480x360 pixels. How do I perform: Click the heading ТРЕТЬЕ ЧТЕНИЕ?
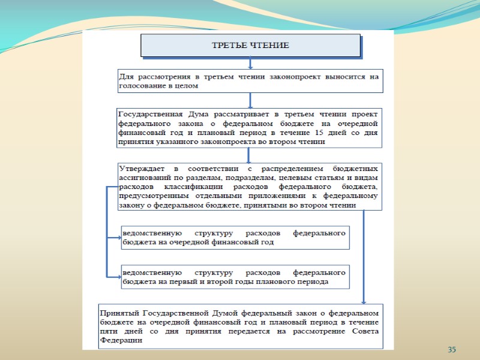click(250, 46)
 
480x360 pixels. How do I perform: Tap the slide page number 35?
click(452, 349)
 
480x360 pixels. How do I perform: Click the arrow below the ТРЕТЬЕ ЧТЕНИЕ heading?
click(250, 64)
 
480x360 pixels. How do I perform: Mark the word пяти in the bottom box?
click(109, 331)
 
